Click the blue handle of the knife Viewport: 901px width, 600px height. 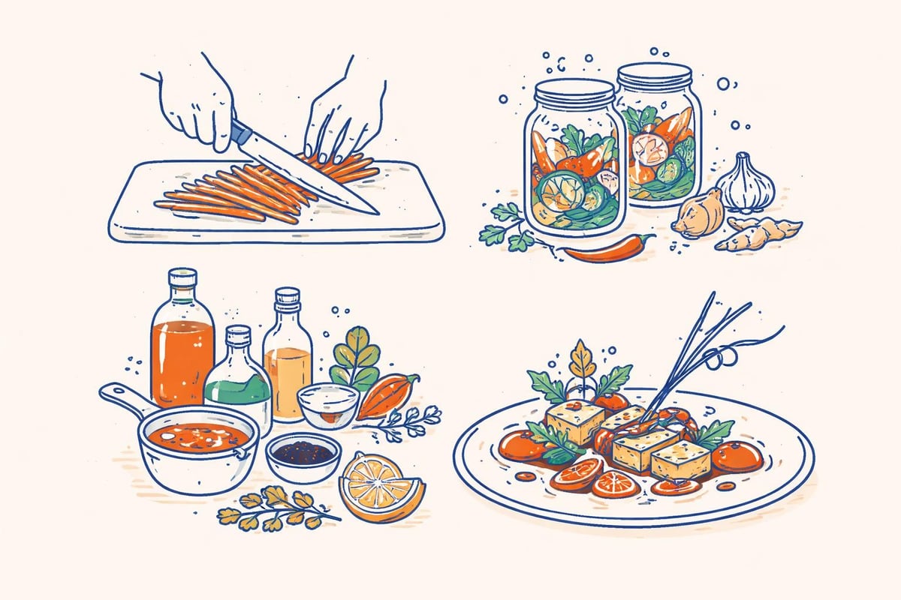coord(240,135)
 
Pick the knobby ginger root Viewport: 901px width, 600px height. coord(758,232)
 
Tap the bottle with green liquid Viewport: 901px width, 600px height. coord(237,382)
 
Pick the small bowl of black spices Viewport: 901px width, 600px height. coord(303,454)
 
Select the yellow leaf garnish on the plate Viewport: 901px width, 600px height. coord(580,360)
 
